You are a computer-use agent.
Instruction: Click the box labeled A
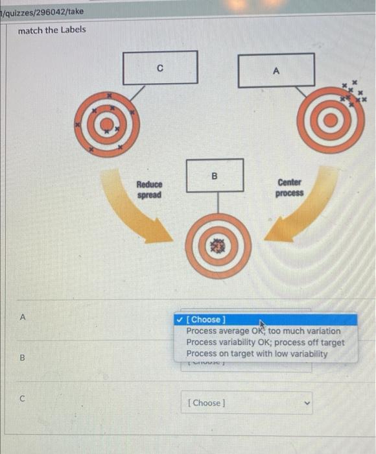click(276, 71)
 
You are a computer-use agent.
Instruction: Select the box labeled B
click(215, 175)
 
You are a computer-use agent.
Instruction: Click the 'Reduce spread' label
click(149, 190)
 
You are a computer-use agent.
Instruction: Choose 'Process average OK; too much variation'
click(263, 331)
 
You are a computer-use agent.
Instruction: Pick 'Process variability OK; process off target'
click(264, 342)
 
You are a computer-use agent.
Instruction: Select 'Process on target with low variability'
click(256, 353)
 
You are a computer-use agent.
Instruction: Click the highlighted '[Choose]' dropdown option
click(206, 319)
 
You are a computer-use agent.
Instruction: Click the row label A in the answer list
click(23, 317)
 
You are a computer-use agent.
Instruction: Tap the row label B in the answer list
click(23, 356)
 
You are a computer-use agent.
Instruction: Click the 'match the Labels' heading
click(51, 30)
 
